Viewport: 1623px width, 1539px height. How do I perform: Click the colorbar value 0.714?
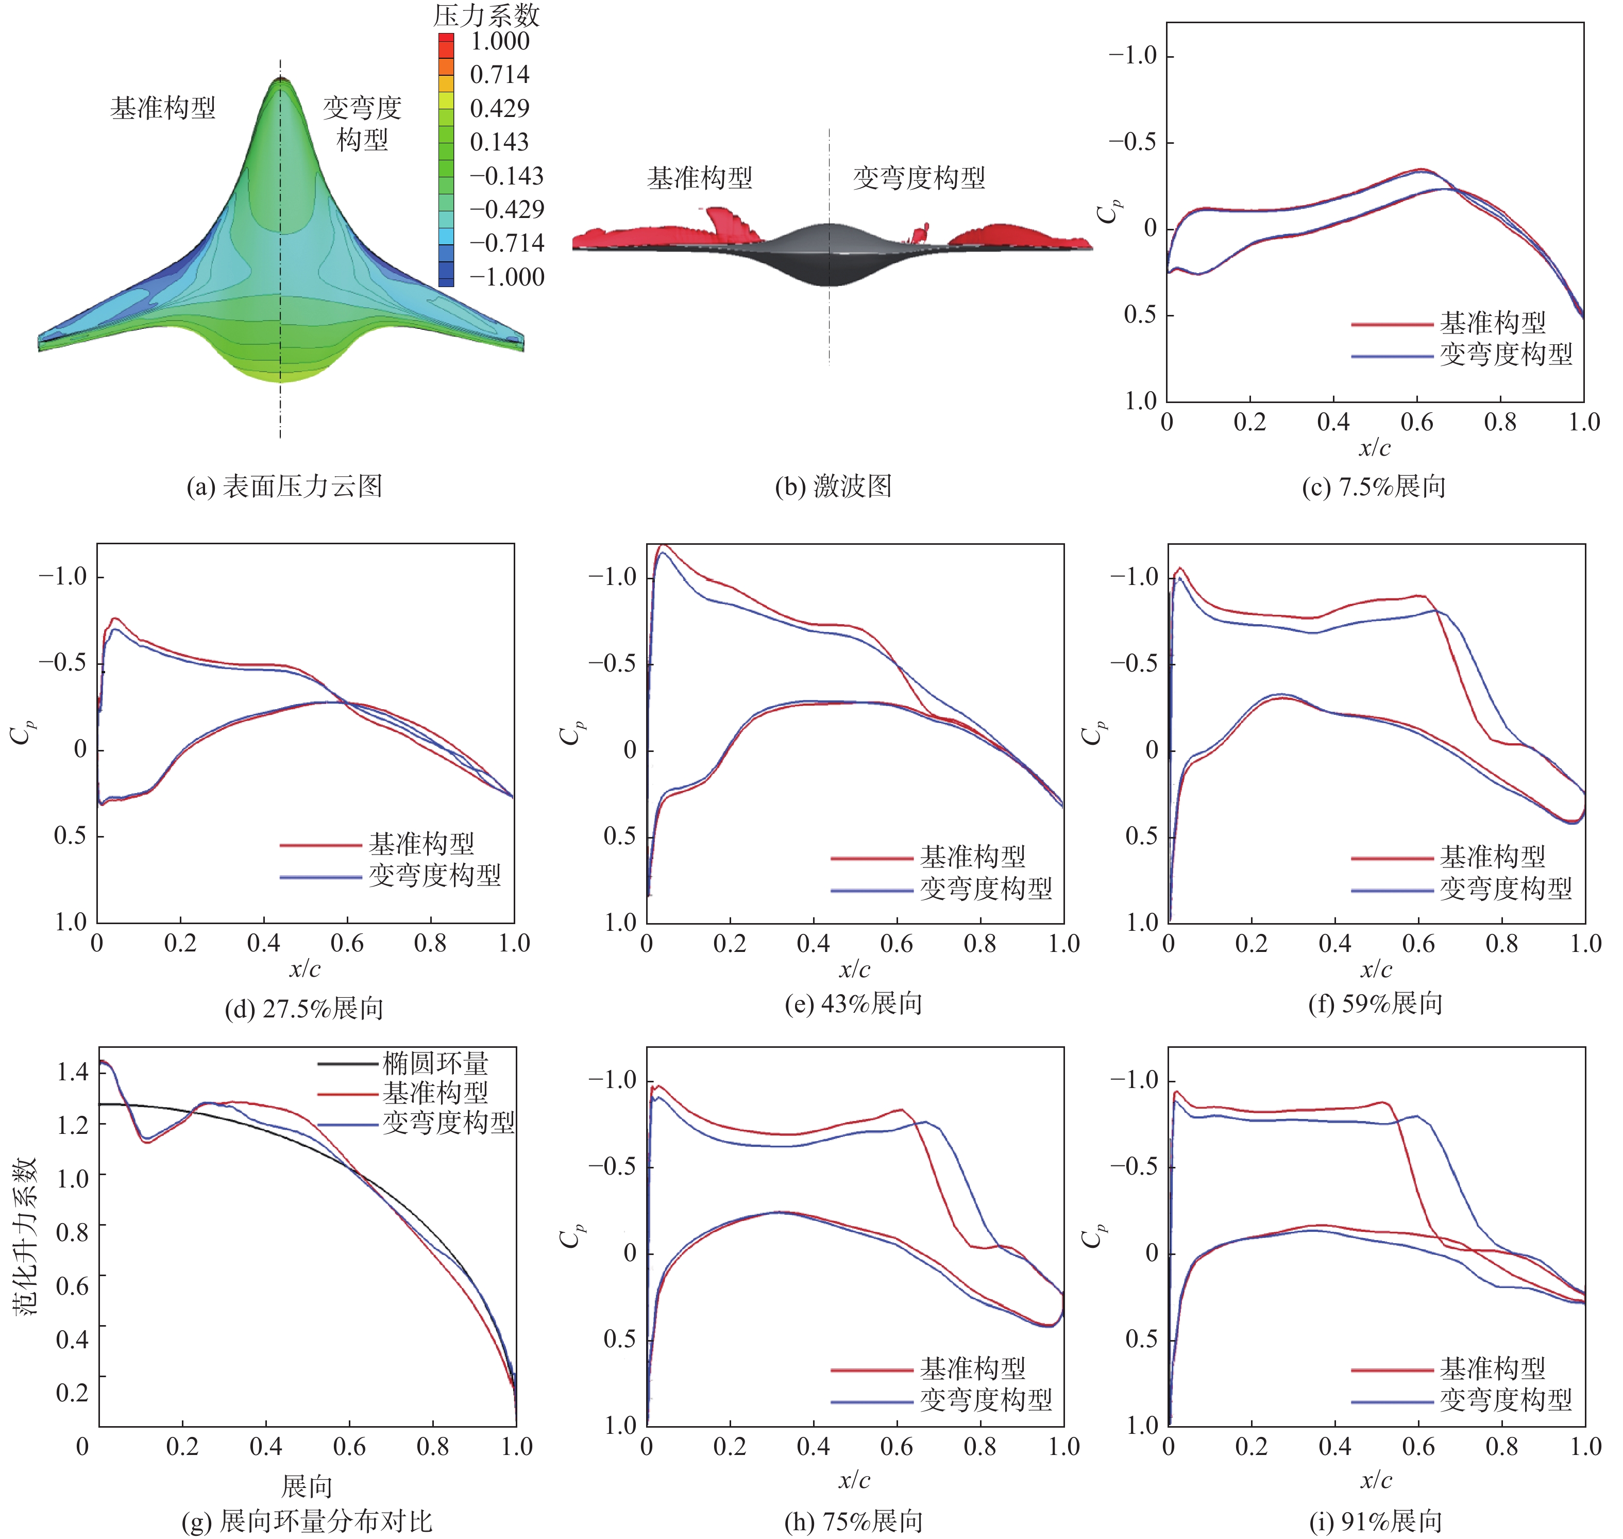pos(499,75)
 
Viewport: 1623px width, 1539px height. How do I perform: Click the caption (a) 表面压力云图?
pos(284,487)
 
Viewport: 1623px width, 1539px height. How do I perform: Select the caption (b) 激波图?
pos(833,487)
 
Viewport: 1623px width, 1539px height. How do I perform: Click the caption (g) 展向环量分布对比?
pos(306,1522)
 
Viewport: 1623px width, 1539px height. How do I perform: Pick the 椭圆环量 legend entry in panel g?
pos(435,1064)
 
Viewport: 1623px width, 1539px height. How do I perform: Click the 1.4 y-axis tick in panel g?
pos(72,1072)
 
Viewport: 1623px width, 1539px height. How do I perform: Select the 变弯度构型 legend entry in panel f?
pos(1506,889)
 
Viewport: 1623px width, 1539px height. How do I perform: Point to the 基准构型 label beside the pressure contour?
pos(162,108)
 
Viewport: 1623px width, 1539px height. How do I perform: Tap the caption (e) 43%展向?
pos(853,1003)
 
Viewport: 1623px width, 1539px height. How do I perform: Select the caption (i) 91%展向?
pos(1375,1522)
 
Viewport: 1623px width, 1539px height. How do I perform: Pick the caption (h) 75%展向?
pos(853,1522)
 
